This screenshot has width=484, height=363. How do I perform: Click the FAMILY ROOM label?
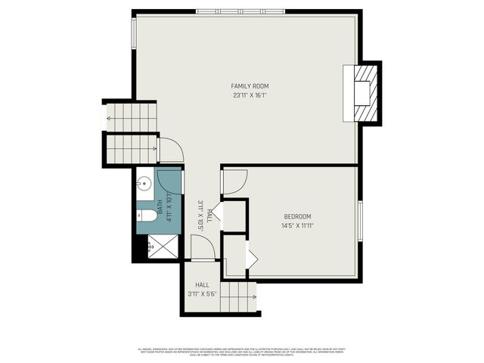[250, 86]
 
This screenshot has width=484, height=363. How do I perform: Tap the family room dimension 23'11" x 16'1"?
[250, 96]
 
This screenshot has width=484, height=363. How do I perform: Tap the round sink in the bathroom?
[143, 182]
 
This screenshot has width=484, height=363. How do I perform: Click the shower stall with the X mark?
[159, 247]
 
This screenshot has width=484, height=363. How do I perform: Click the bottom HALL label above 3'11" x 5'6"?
[202, 285]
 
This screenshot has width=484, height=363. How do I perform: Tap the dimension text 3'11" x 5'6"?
[202, 294]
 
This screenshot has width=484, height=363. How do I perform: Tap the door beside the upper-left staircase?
[171, 149]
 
